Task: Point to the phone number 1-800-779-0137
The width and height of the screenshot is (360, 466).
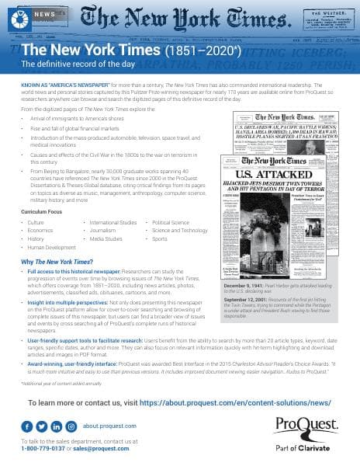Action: (x=46, y=448)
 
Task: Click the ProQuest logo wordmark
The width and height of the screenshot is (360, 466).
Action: (x=306, y=426)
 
